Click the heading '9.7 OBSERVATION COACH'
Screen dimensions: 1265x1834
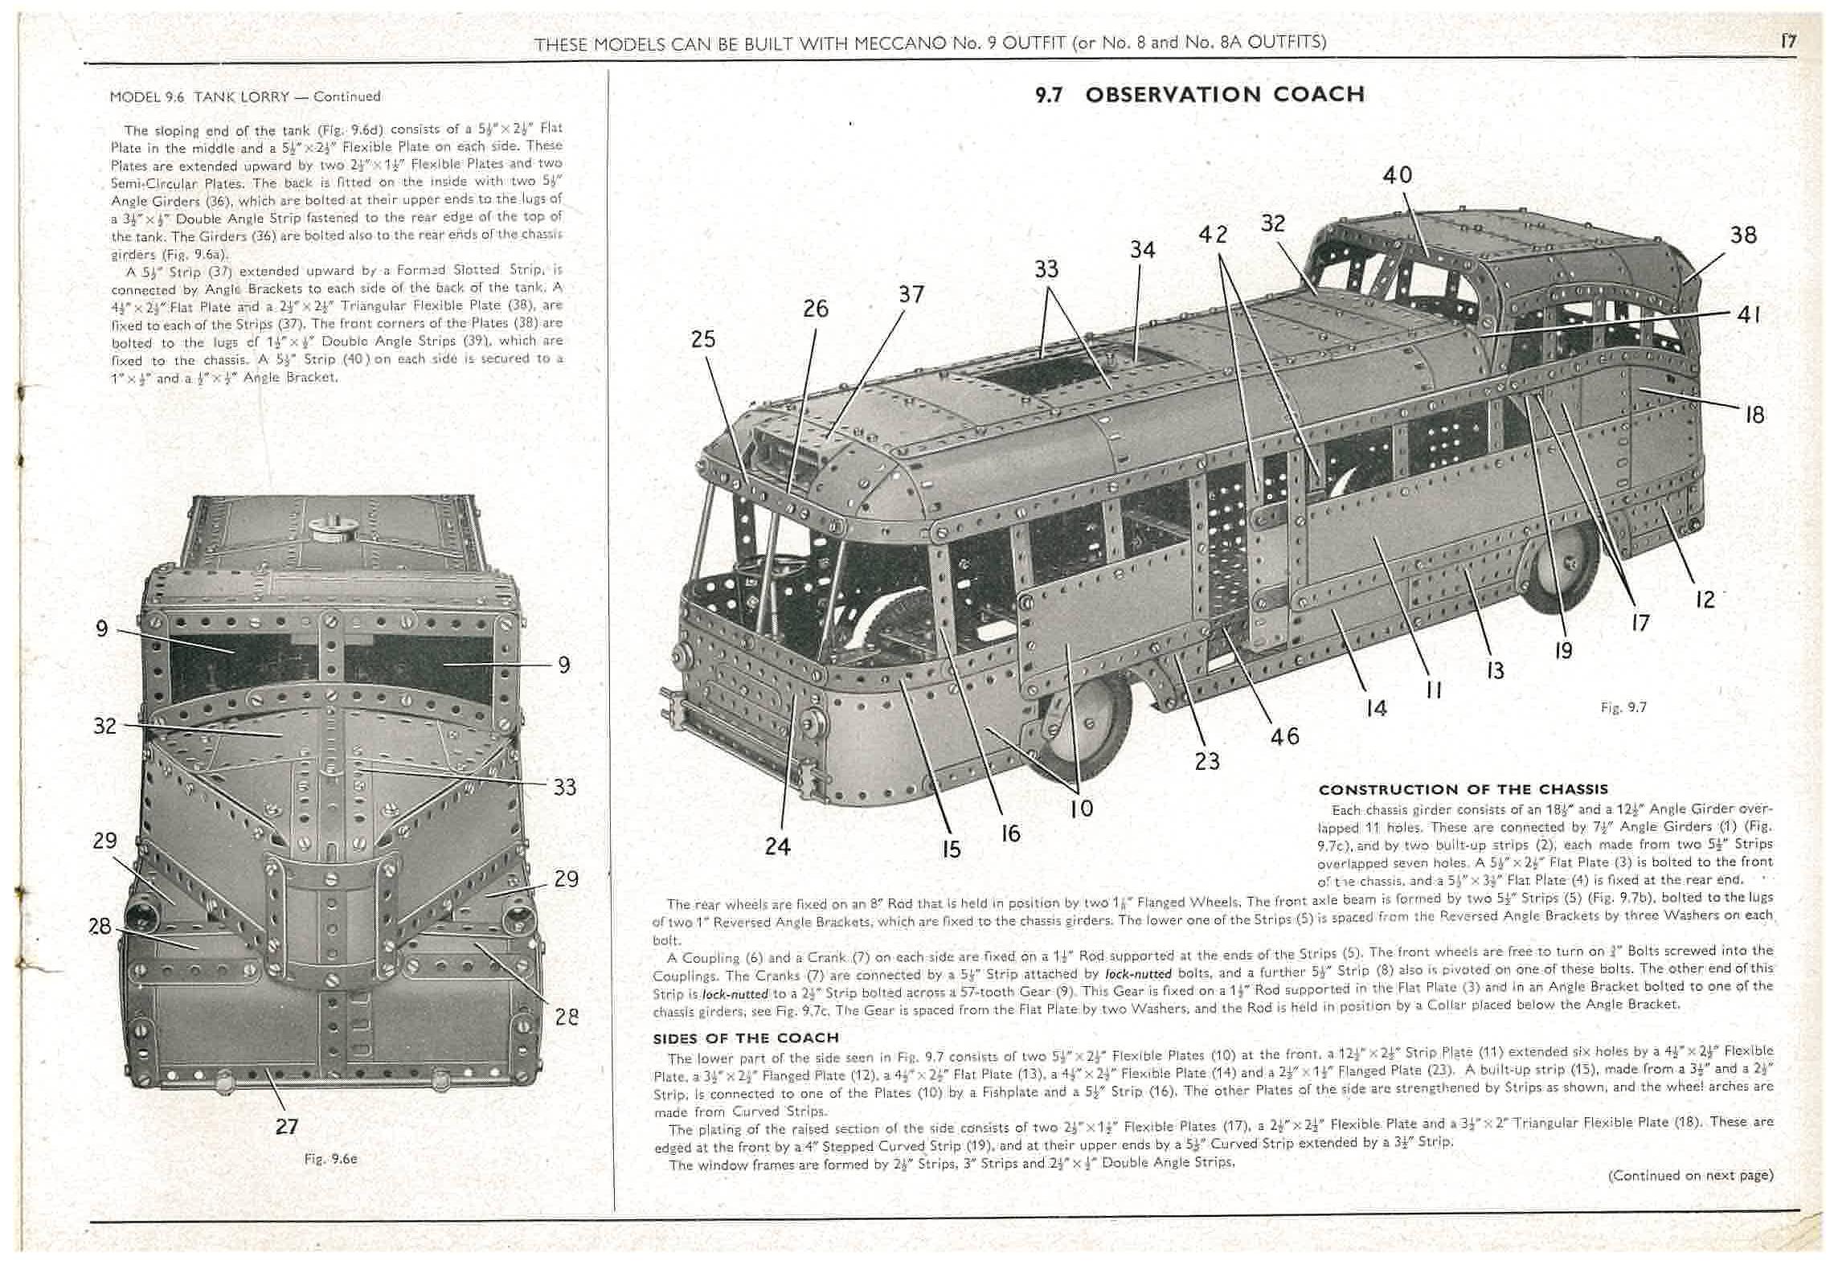click(1199, 95)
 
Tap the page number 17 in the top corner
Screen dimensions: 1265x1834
click(1788, 41)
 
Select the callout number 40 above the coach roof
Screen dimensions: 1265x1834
click(1398, 175)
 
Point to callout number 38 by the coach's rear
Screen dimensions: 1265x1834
click(1742, 235)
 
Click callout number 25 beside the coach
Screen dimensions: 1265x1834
click(703, 339)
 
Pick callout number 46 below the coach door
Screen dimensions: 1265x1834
click(1284, 736)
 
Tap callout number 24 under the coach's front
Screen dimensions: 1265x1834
click(777, 845)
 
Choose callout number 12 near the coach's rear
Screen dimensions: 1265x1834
click(1705, 600)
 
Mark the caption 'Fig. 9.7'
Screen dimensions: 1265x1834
click(1623, 707)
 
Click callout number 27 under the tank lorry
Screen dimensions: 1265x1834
click(286, 1126)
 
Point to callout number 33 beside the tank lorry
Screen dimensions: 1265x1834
click(565, 787)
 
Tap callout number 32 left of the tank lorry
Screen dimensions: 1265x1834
click(105, 726)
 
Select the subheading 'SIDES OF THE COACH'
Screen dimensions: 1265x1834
click(745, 1038)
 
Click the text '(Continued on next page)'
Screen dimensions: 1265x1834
click(1690, 1175)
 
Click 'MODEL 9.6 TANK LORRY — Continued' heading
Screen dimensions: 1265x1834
click(245, 96)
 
